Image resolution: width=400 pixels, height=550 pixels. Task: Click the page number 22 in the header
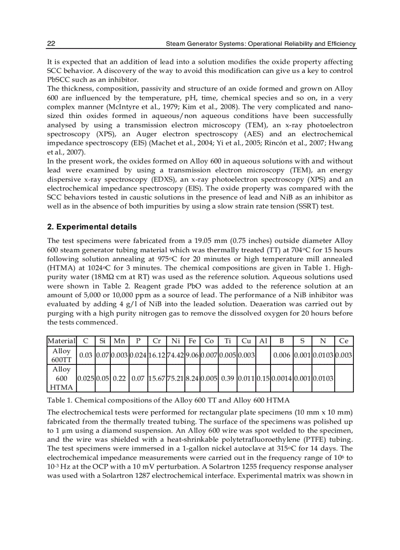tap(51, 44)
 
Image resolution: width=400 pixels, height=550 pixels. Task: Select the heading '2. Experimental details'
tap(92, 227)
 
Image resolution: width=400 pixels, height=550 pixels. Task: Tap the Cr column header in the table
tap(157, 341)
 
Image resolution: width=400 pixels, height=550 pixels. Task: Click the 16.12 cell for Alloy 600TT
tap(157, 355)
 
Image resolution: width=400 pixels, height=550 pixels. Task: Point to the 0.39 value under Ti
tap(227, 378)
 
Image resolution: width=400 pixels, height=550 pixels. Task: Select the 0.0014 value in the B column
tap(281, 378)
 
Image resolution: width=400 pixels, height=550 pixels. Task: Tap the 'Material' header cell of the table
tap(61, 341)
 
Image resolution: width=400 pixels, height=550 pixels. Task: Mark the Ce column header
tap(343, 341)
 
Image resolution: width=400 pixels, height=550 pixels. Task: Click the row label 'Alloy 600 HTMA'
tap(61, 378)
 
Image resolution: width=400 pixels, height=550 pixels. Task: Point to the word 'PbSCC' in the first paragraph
tap(58, 79)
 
